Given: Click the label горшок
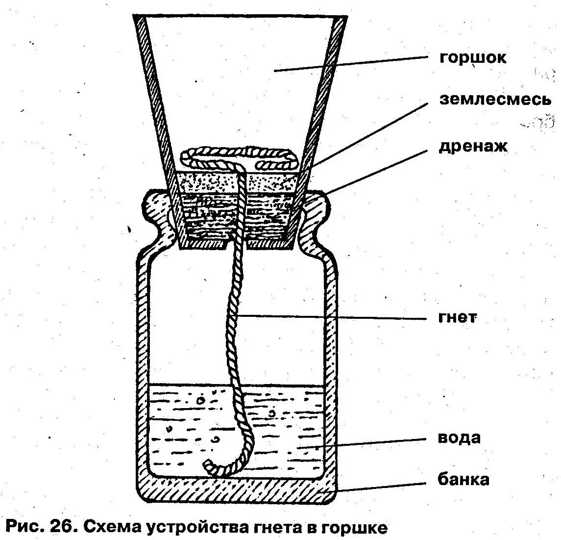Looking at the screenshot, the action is (473, 58).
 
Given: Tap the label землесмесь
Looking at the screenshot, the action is (495, 100).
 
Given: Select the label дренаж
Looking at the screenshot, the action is (473, 146).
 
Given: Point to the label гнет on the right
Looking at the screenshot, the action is (457, 318).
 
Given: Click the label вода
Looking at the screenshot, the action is (459, 437).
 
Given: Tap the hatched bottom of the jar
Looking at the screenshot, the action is (235, 490).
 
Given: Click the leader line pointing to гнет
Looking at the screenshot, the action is (333, 317).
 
